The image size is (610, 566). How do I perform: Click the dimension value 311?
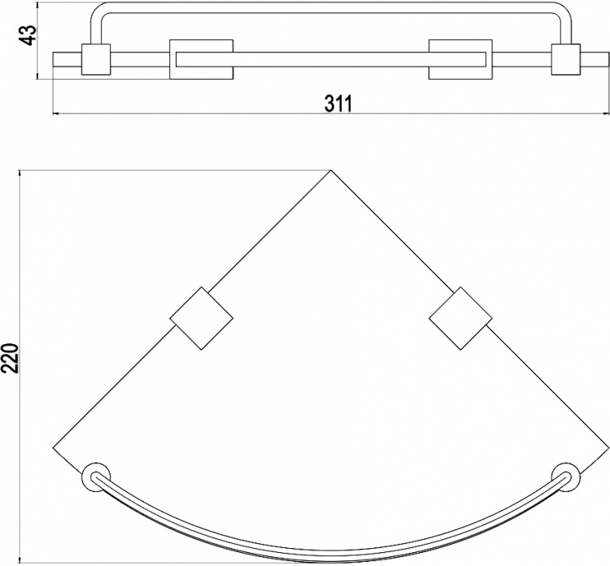coord(338,104)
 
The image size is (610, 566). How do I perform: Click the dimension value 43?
coord(28,35)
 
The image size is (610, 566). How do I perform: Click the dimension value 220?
coord(9,359)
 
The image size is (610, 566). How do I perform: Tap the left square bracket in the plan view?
coord(202,318)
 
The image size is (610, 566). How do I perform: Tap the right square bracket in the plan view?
coord(460,318)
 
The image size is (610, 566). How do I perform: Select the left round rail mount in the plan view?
coord(96,477)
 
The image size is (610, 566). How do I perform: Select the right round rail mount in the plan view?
coord(566,477)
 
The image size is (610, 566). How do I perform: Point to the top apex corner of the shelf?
coord(331,170)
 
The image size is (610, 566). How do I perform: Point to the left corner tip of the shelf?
coord(53,448)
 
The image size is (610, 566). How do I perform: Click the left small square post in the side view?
coord(96,59)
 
